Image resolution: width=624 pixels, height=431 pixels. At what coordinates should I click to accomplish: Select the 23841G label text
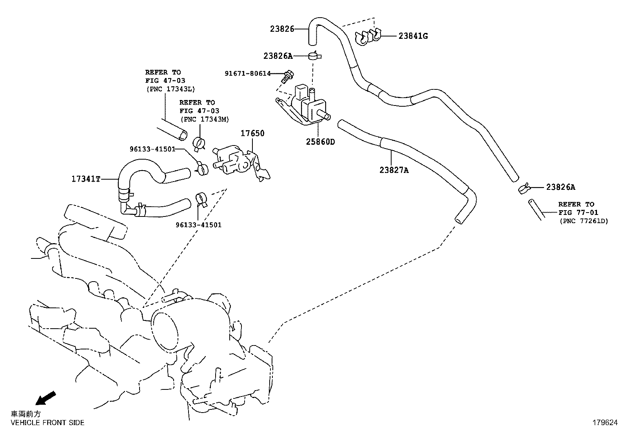point(413,36)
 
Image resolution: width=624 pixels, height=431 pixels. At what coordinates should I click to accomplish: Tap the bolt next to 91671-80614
point(288,75)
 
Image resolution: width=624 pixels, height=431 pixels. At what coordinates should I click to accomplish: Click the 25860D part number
point(320,142)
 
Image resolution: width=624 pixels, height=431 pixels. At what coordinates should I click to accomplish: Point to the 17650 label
point(252,133)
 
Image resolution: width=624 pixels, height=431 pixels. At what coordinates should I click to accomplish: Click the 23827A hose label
point(394,170)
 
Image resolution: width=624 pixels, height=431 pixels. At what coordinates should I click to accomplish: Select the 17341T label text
point(86,179)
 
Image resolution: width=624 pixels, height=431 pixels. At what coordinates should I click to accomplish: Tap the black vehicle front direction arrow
point(45,398)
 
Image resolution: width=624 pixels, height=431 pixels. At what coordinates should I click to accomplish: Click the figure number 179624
point(604,423)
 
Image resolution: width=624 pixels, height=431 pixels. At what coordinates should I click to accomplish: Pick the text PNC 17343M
point(204,119)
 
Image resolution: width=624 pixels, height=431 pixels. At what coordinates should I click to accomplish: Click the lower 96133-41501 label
point(198,225)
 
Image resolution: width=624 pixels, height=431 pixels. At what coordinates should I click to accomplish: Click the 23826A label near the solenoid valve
point(278,56)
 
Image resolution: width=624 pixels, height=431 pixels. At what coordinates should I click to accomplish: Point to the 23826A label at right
point(561,187)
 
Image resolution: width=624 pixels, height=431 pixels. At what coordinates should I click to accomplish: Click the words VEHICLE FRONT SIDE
point(47,423)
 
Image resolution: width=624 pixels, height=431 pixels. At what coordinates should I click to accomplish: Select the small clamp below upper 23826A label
point(315,56)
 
